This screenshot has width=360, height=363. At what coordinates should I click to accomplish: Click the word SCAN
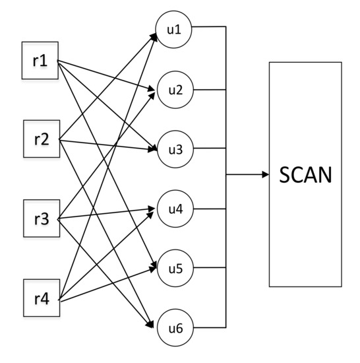(305, 175)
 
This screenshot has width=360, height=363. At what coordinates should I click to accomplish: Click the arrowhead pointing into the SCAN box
(265, 175)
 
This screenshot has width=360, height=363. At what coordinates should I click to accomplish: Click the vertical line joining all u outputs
(226, 119)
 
